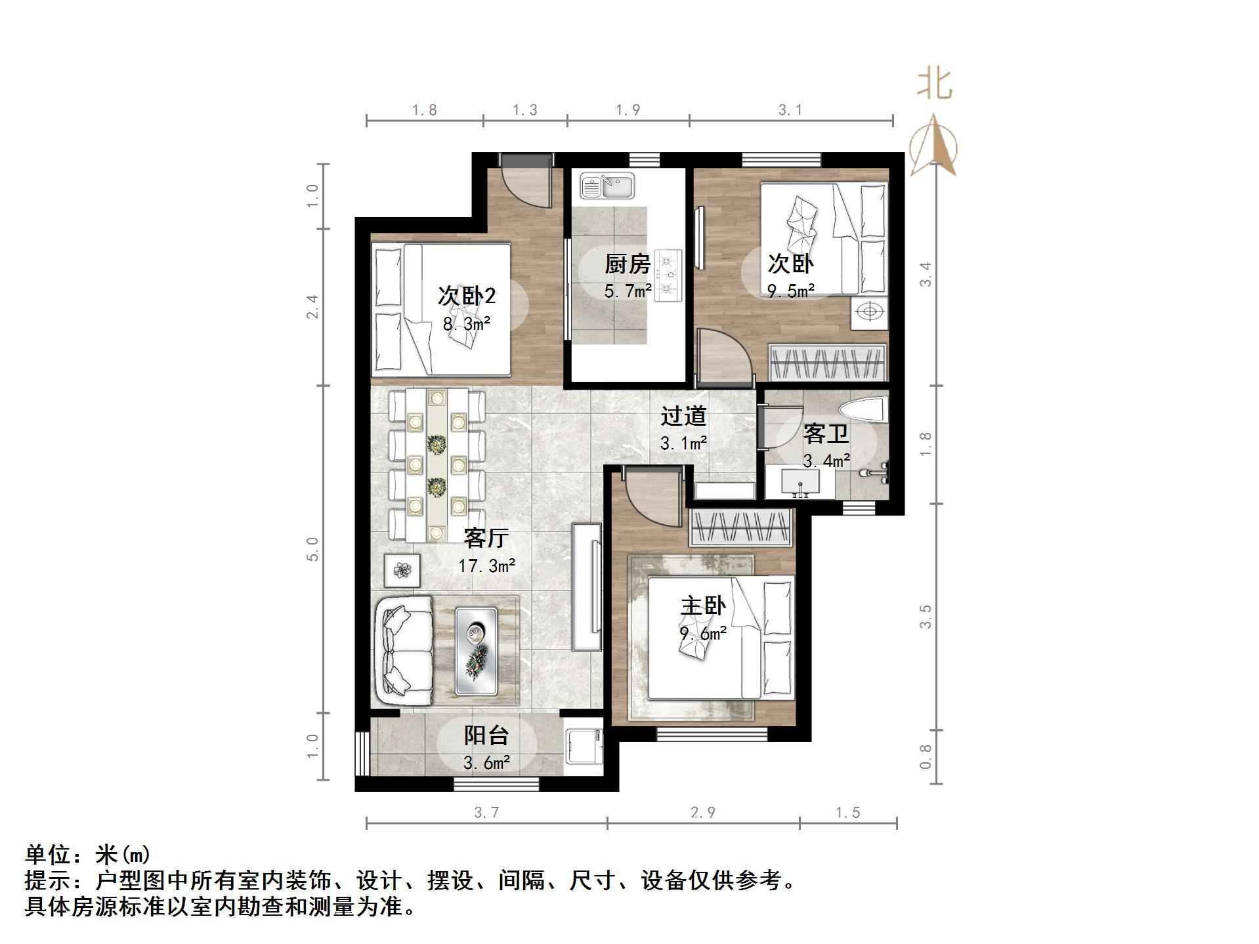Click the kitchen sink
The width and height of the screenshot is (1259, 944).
point(607,186)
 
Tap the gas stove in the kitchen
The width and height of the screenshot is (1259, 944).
point(668,275)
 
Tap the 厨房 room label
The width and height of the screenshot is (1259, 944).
point(627,264)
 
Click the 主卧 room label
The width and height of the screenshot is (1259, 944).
point(702,605)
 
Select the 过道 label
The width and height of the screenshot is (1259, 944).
point(683,416)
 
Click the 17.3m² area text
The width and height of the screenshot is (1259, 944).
point(486,565)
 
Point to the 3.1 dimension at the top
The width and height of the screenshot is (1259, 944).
point(790,110)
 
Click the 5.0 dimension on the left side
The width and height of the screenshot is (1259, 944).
point(312,548)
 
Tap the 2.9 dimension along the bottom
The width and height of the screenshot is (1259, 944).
point(702,813)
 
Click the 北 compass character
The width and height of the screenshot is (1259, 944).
point(934,85)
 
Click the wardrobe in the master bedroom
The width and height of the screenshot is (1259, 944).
point(740,527)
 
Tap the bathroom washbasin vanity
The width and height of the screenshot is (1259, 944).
point(800,483)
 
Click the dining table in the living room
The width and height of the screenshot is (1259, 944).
point(437,464)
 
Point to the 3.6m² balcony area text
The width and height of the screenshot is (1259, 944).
point(486,763)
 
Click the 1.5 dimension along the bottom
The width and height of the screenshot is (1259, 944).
point(847,813)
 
